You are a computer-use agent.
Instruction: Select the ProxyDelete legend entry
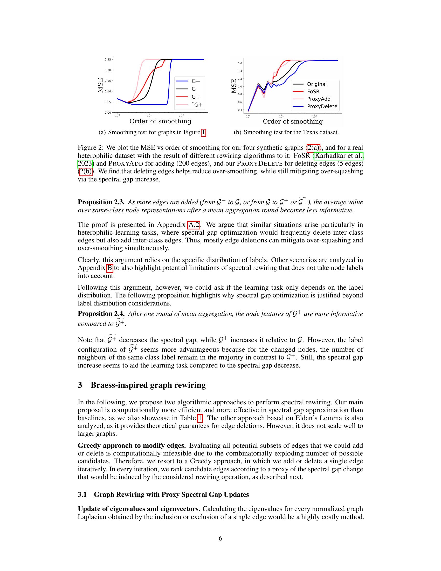coord(322,106)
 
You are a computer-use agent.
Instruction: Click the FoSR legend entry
coord(313,92)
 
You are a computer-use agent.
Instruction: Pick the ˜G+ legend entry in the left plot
coord(197,105)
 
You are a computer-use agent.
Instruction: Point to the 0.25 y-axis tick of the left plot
coord(107,59)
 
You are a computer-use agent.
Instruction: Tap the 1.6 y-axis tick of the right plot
coord(240,63)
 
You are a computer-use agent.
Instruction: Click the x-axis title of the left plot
coord(160,121)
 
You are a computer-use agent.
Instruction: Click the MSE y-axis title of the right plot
coord(234,86)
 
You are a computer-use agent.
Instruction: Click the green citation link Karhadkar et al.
coord(339,156)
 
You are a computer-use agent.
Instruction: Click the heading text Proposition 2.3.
coord(101,202)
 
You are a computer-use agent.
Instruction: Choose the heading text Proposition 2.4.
coord(101,314)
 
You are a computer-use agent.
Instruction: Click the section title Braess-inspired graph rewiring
coord(148,385)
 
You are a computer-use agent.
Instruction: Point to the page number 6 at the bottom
coord(220,539)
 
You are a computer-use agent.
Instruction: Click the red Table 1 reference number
coord(200,418)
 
